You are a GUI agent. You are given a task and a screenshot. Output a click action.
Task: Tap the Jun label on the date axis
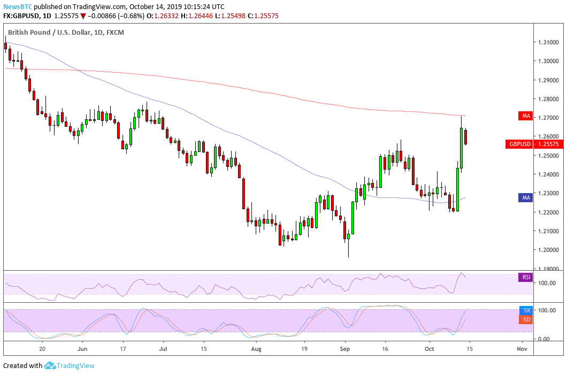82,348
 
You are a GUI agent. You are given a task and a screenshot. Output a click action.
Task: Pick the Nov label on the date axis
523,348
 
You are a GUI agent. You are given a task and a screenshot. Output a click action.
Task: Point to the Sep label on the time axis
345,348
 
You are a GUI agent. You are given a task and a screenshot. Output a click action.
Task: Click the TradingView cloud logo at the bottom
50,366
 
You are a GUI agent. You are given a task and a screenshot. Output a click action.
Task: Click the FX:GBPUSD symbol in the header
24,16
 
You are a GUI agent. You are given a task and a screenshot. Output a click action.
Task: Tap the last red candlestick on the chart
466,137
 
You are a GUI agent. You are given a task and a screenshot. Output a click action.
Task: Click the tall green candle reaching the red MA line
462,147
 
